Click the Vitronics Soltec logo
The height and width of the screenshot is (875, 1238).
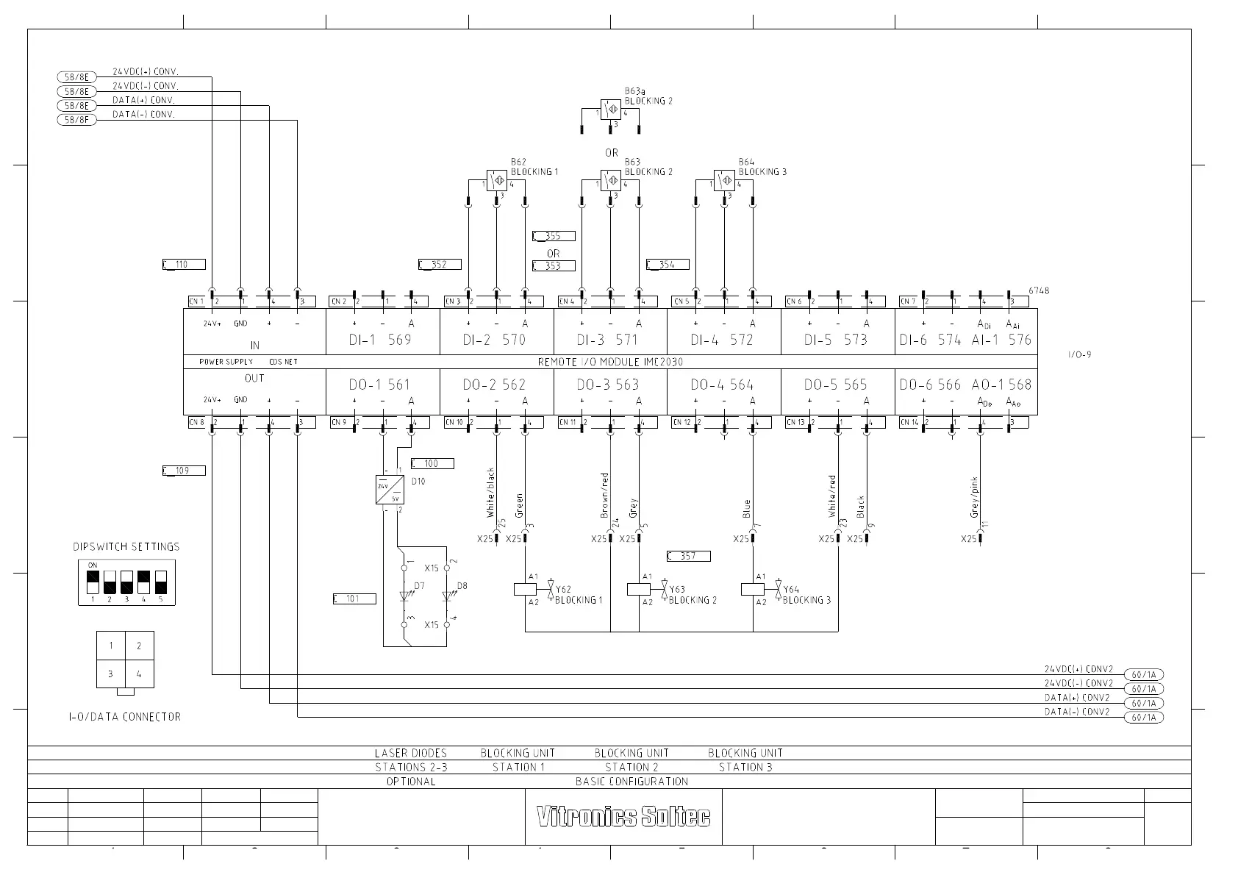pyautogui.click(x=623, y=817)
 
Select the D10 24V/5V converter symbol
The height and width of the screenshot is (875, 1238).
pyautogui.click(x=390, y=490)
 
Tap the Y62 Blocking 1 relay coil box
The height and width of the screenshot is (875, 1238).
pyautogui.click(x=525, y=589)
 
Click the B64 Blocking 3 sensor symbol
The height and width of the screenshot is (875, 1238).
pyautogui.click(x=724, y=180)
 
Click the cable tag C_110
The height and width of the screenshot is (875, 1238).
pyautogui.click(x=184, y=265)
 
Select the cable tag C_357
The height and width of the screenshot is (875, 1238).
pyautogui.click(x=688, y=556)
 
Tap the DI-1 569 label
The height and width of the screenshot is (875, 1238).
pyautogui.click(x=380, y=340)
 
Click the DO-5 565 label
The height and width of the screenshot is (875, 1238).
pyautogui.click(x=835, y=385)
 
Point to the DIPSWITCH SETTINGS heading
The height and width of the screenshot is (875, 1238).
pyautogui.click(x=126, y=547)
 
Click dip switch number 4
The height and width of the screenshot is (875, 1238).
pyautogui.click(x=143, y=582)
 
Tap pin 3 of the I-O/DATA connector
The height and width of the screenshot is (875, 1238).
pyautogui.click(x=111, y=674)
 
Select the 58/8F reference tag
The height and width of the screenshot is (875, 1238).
pyautogui.click(x=76, y=120)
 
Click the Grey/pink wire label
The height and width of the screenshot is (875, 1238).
pyautogui.click(x=975, y=497)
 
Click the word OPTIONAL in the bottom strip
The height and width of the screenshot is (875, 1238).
pyautogui.click(x=411, y=782)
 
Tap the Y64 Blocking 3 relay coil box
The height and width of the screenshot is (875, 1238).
pyautogui.click(x=753, y=589)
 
